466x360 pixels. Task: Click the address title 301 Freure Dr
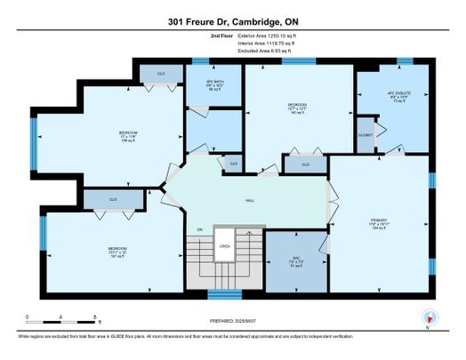point(232,23)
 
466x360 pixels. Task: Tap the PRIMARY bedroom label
point(380,222)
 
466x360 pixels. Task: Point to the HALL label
point(252,200)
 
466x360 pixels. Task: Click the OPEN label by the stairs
point(225,246)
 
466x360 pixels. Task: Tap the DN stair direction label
point(200,229)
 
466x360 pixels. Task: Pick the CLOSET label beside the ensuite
point(366,135)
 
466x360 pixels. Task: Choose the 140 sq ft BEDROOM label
point(297,108)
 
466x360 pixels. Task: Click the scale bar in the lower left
point(61,318)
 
